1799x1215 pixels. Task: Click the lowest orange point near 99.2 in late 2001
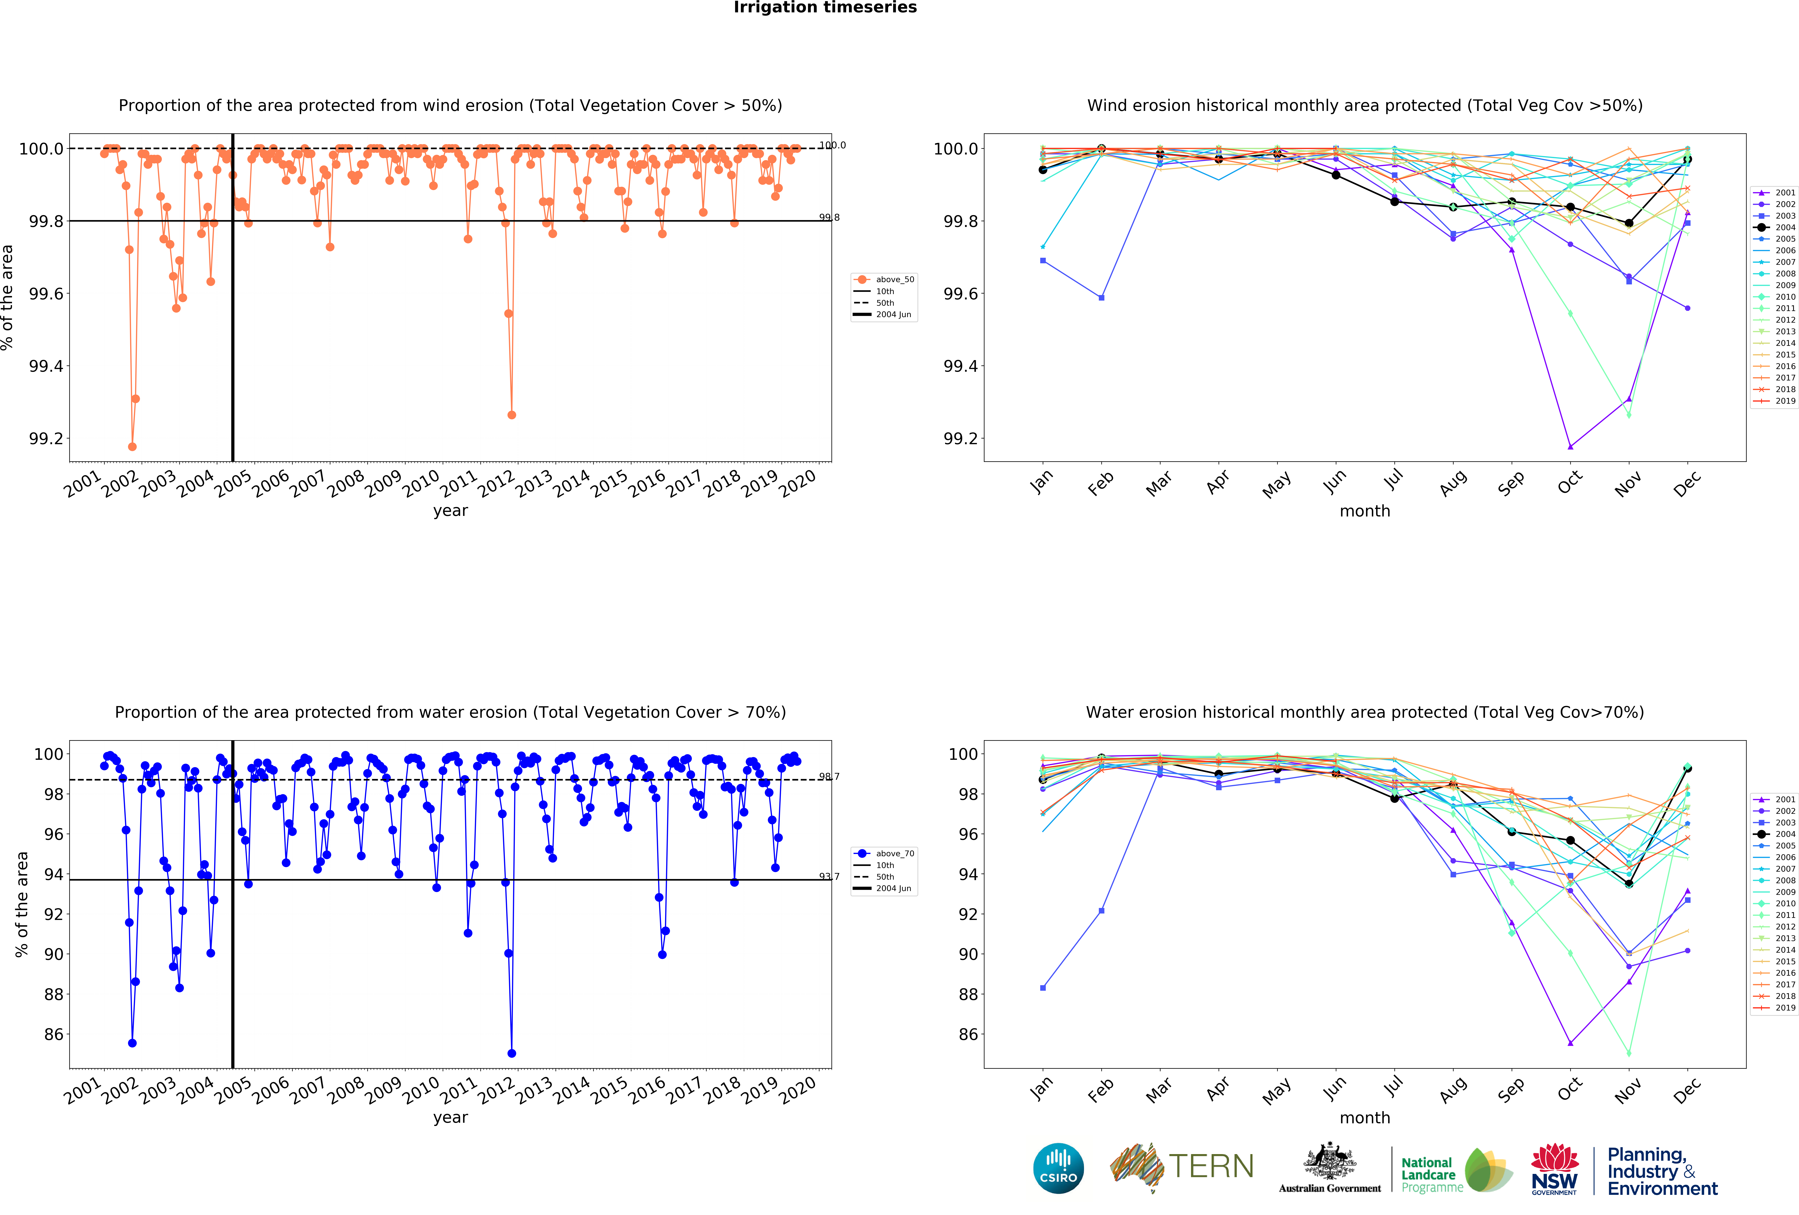coord(132,446)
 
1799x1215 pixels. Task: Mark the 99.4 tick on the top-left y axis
coord(46,366)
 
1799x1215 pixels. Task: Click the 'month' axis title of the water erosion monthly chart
coord(1365,1117)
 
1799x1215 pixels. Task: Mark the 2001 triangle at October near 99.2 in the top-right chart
coord(1570,446)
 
